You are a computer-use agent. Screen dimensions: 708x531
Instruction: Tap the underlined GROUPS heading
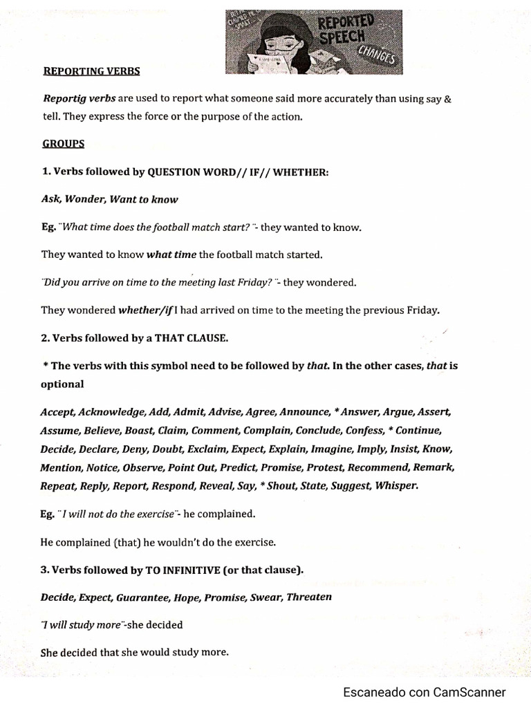pyautogui.click(x=63, y=144)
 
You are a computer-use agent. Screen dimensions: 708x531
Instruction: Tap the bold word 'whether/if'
pyautogui.click(x=146, y=310)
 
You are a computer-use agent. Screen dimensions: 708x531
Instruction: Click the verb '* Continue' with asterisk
pyautogui.click(x=414, y=430)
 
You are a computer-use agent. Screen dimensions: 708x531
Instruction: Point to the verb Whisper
pyautogui.click(x=396, y=485)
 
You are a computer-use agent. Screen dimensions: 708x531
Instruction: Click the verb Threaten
pyautogui.click(x=309, y=597)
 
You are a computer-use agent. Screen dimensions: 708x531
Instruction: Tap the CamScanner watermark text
pyautogui.click(x=425, y=692)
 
